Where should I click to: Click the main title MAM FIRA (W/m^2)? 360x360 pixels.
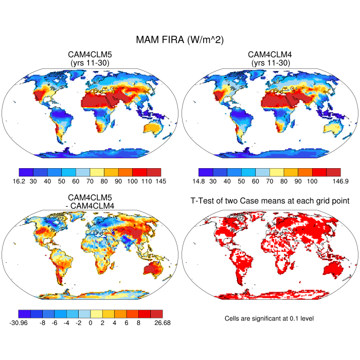point(179,40)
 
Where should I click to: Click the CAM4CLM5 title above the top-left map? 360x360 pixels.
point(90,55)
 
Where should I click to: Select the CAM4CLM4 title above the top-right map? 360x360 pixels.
point(269,55)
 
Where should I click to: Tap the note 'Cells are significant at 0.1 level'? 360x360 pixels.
point(269,318)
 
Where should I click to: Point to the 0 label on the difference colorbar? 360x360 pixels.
point(90,323)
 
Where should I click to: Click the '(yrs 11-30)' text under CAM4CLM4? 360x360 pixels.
point(269,63)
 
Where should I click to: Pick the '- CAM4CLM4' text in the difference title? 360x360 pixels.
point(90,205)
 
